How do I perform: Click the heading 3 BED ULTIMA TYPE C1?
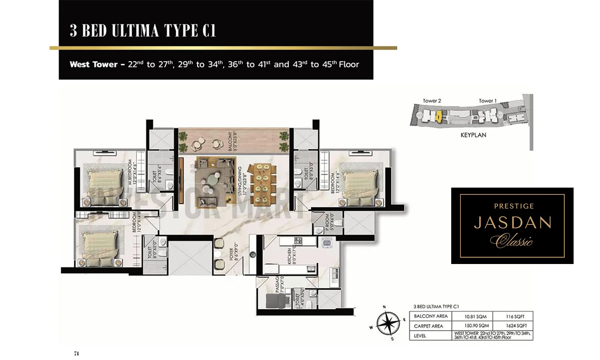(143, 30)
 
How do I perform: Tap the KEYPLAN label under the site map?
(473, 135)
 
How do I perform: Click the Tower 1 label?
(488, 101)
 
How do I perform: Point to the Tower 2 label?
(432, 101)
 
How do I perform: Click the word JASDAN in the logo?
(513, 223)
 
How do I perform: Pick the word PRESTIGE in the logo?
(514, 206)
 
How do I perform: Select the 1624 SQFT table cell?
(516, 326)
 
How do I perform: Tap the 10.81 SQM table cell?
(475, 316)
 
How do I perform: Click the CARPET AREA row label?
(428, 326)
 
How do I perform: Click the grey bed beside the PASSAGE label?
(275, 300)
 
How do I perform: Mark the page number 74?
(76, 353)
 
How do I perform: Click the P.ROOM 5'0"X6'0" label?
(329, 222)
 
